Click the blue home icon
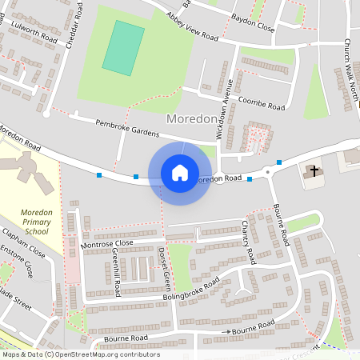tap(180, 173)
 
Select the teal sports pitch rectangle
tap(124, 48)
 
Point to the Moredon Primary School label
tap(30, 221)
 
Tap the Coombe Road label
tap(262, 105)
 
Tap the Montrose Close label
tap(106, 242)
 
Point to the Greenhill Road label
tap(117, 272)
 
